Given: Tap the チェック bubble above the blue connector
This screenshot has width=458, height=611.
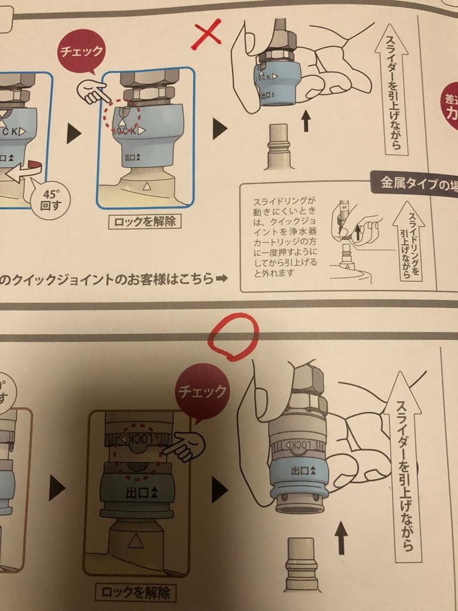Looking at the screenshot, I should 81,52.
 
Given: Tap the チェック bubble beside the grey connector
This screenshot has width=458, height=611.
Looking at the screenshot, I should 202,390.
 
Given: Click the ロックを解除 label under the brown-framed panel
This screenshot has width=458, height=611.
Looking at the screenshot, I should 135,592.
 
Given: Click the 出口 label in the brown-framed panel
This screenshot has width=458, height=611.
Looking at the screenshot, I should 140,492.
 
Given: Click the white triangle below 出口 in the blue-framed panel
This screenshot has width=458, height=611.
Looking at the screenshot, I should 147,185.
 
